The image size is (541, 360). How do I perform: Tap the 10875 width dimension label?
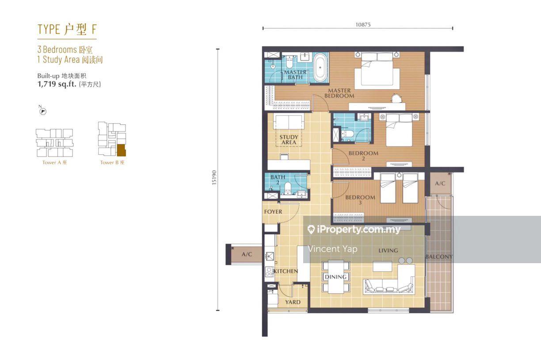(363, 25)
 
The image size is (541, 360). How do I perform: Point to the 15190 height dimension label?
(214, 178)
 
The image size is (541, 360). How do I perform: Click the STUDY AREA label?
(289, 140)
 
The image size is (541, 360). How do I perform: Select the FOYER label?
(273, 212)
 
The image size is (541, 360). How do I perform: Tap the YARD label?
(293, 302)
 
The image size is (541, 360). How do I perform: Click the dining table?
(336, 277)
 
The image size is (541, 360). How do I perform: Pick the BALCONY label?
(439, 257)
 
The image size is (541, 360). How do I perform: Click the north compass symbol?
(43, 111)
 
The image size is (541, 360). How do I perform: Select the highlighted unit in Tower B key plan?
(121, 150)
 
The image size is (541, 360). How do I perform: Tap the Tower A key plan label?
(54, 163)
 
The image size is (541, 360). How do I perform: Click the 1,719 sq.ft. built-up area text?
(57, 84)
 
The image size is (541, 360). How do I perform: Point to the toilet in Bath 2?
(287, 188)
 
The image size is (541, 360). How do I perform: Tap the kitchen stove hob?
(269, 272)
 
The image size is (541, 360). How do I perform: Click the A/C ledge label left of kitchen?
(247, 254)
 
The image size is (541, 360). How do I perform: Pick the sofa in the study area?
(288, 122)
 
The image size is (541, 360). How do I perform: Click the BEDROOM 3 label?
(360, 200)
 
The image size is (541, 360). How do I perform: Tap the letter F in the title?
(94, 29)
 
